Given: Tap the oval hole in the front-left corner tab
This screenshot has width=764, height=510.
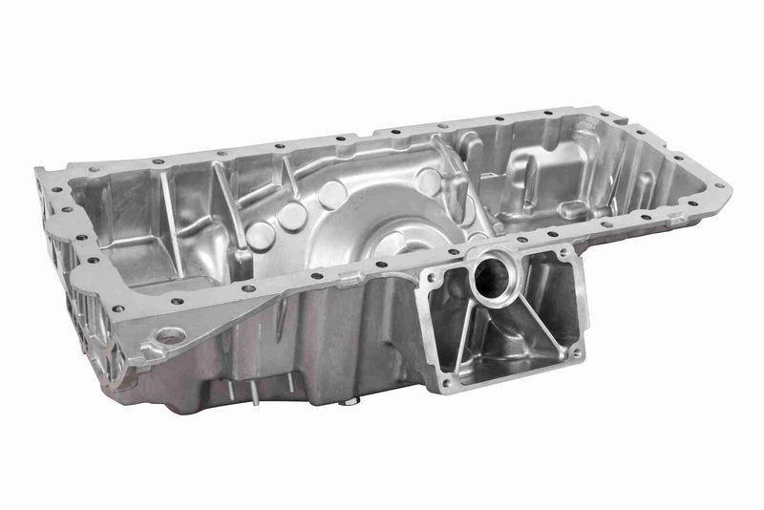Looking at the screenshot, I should [170, 336].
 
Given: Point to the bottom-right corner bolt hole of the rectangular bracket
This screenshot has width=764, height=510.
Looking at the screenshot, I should [576, 352].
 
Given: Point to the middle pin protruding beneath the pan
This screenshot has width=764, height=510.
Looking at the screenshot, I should [255, 393].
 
